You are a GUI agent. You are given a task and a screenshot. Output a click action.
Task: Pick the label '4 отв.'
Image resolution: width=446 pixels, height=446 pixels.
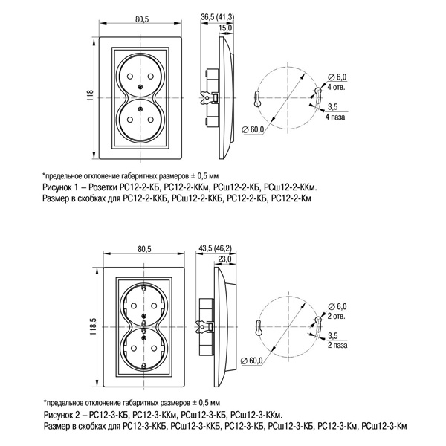pyautogui.click(x=336, y=86)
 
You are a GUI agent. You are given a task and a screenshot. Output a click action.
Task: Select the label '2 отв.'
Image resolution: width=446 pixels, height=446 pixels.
pyautogui.click(x=337, y=316)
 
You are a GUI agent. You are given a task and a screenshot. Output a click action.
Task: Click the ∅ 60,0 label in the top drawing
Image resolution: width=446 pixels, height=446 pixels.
pyautogui.click(x=253, y=131)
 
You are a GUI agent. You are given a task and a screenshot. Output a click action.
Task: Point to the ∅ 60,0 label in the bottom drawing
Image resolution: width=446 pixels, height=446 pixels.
pyautogui.click(x=253, y=360)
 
